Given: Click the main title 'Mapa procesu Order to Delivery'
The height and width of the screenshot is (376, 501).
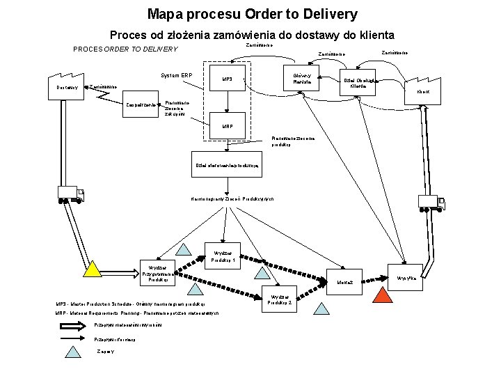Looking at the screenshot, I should pos(252,14).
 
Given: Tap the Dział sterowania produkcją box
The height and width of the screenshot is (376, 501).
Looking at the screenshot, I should pos(228,165).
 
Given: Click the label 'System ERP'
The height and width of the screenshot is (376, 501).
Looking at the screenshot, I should pos(176,75).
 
